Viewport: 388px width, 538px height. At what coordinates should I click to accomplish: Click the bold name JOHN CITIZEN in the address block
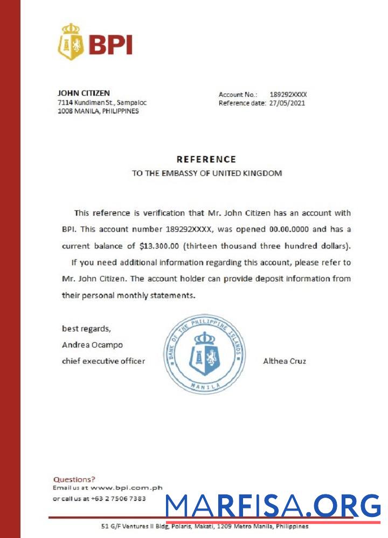(x=84, y=93)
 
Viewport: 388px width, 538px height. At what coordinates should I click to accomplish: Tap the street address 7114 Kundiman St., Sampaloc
(x=102, y=102)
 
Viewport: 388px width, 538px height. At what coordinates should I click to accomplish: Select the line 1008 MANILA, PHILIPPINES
(x=98, y=111)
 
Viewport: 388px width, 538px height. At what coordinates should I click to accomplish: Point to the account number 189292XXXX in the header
(x=288, y=94)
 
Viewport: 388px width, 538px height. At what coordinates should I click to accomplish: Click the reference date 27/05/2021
(x=287, y=103)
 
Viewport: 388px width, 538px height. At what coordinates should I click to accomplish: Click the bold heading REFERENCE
(x=206, y=159)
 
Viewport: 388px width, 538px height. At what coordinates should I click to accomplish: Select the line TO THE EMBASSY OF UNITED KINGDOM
(x=207, y=173)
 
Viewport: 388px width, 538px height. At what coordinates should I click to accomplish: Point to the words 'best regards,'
(x=87, y=328)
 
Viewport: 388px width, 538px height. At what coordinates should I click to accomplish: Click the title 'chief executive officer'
(x=103, y=361)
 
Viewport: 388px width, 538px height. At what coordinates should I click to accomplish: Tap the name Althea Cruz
(x=285, y=361)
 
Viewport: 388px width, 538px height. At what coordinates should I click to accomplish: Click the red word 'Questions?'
(x=74, y=479)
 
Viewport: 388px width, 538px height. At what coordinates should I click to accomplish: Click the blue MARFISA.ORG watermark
(x=273, y=506)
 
